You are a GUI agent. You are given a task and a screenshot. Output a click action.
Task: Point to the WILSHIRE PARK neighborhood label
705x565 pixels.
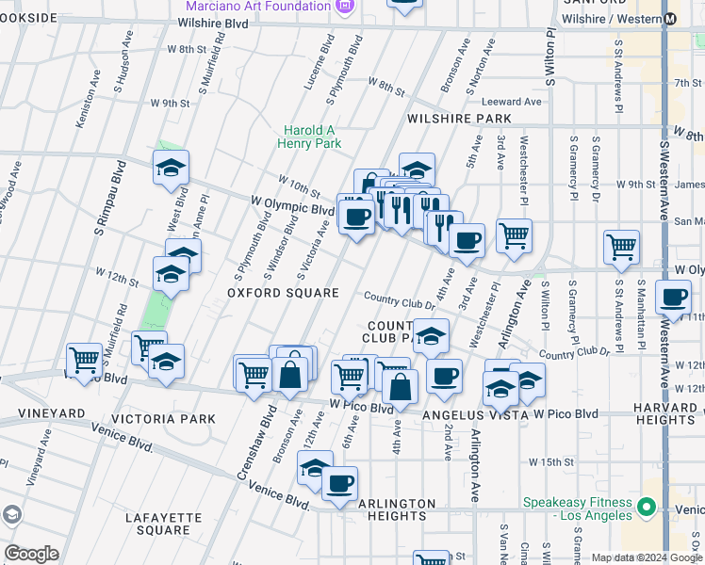click(x=459, y=120)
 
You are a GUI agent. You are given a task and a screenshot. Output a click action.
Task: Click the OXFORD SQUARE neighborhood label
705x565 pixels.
click(x=282, y=294)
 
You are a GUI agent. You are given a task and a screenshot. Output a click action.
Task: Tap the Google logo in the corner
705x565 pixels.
click(x=31, y=554)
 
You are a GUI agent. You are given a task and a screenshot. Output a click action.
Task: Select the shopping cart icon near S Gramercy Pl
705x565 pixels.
click(x=621, y=248)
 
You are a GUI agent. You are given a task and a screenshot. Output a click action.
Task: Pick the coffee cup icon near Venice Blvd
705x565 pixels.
click(x=339, y=484)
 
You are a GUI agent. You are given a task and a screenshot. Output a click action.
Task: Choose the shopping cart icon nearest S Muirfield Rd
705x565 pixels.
click(x=85, y=359)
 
